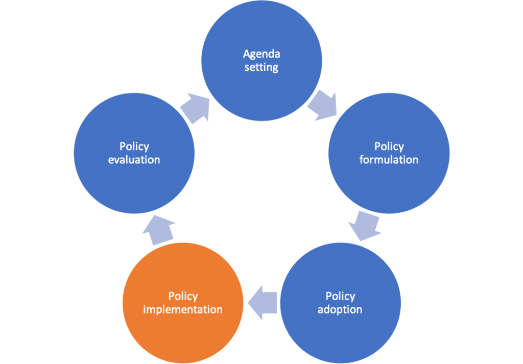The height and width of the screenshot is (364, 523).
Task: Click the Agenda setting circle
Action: (x=261, y=61)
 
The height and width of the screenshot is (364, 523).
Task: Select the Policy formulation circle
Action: (x=389, y=153)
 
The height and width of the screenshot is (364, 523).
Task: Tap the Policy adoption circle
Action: (x=340, y=303)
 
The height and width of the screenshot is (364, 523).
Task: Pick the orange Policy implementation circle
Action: (x=183, y=303)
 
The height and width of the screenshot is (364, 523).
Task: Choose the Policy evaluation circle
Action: (x=134, y=153)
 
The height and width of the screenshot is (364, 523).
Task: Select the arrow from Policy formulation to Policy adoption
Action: (x=365, y=226)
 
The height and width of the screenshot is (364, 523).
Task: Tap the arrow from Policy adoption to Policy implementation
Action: (x=262, y=303)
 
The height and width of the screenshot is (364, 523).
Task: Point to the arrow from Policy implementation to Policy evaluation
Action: (x=158, y=230)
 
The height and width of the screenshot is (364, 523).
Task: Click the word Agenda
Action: (x=261, y=54)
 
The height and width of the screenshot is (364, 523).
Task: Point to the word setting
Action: (x=261, y=67)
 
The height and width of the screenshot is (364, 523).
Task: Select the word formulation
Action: (x=389, y=160)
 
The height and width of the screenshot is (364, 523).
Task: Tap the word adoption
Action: (x=340, y=310)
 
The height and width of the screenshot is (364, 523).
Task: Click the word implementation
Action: (x=183, y=310)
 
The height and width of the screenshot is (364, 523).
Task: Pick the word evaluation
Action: (x=134, y=160)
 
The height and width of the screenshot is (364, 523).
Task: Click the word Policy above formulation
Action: (x=389, y=147)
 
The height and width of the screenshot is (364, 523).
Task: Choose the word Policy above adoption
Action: (x=341, y=297)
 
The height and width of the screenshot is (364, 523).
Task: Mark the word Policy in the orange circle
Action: (x=183, y=297)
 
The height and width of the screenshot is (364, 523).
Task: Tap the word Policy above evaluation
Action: (x=134, y=147)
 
